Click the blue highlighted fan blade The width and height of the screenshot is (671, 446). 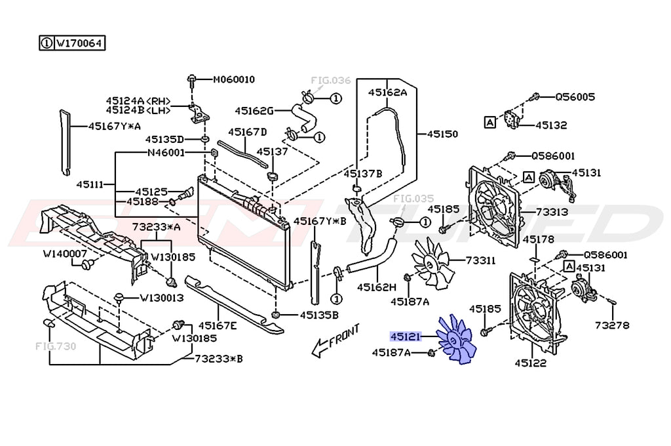(x=457, y=338)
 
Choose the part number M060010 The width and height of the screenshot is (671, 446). (x=233, y=80)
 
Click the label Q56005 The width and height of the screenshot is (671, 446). (x=575, y=97)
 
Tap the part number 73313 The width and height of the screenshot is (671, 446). (x=552, y=213)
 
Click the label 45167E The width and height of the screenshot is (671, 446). (x=218, y=325)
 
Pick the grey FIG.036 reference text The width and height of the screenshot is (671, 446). (x=330, y=81)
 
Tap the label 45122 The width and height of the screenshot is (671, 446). (x=530, y=363)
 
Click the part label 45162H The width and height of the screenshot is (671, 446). (x=377, y=287)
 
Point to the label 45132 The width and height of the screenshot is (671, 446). (x=551, y=125)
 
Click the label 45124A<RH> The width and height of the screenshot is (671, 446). (x=138, y=100)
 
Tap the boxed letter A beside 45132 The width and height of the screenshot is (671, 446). (x=489, y=121)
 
